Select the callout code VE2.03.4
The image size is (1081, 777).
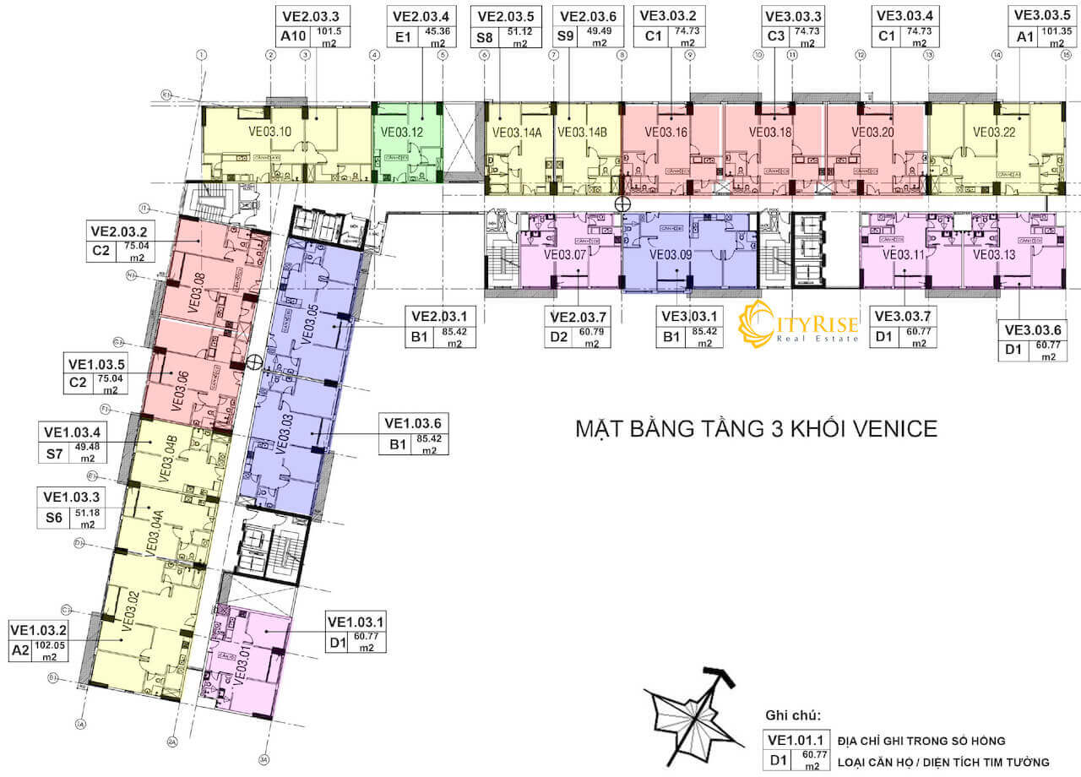pos(421,15)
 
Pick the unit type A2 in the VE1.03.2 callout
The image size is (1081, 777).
pos(20,651)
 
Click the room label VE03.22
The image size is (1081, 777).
pos(993,132)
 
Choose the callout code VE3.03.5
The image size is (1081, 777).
pos(1041,15)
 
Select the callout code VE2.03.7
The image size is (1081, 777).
pos(579,317)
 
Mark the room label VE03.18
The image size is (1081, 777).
pos(770,132)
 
